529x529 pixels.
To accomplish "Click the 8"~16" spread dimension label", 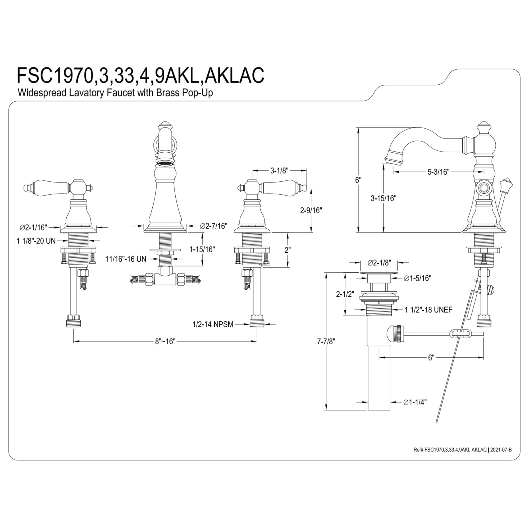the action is [165, 341].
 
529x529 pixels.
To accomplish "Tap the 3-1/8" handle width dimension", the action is [279, 171].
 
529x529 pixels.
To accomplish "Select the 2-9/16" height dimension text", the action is [311, 210].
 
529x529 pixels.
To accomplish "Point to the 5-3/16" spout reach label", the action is [439, 172].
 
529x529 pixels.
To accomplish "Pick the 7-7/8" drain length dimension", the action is [326, 341].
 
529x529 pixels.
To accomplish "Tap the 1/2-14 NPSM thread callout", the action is [213, 324].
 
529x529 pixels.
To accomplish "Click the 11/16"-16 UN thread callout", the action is [126, 259].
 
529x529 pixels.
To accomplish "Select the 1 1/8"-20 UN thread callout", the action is [36, 241].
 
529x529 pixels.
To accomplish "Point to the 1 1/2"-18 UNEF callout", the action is [428, 310].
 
